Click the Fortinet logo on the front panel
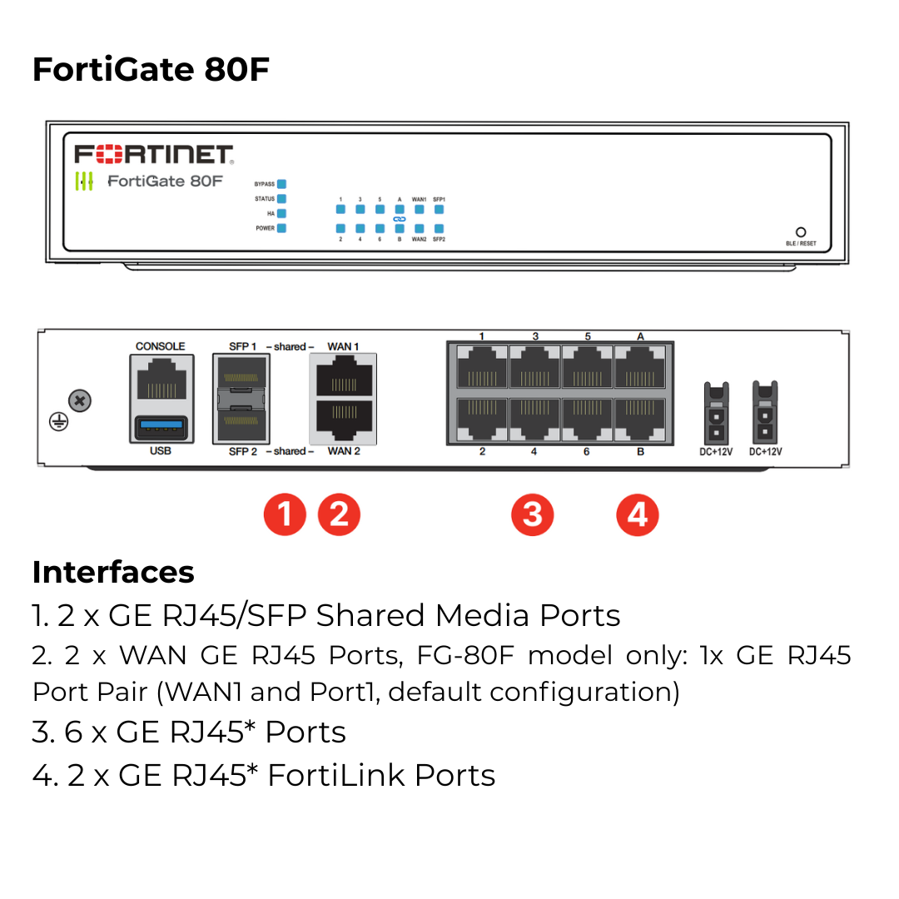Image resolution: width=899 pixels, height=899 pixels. [x=154, y=154]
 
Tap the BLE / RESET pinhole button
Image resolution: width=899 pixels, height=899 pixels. [x=801, y=232]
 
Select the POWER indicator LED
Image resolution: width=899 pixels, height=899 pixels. [x=281, y=228]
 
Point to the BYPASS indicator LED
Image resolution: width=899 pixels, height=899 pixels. [x=281, y=184]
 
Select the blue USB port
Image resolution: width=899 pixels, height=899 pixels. [x=161, y=428]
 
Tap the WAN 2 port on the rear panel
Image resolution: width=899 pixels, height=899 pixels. [x=343, y=421]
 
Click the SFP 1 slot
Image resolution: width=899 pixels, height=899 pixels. [x=241, y=375]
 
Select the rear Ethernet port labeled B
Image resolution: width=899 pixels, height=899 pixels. [x=639, y=418]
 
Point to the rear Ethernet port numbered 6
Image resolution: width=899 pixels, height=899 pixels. [x=587, y=418]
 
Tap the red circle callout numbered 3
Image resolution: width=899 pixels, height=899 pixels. [x=532, y=515]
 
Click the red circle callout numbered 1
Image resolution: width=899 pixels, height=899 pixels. [x=285, y=515]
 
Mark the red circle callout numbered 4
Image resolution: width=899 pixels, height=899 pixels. [x=637, y=515]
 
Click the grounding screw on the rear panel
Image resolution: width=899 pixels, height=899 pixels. [x=79, y=402]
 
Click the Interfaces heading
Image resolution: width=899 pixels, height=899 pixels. [x=113, y=573]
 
